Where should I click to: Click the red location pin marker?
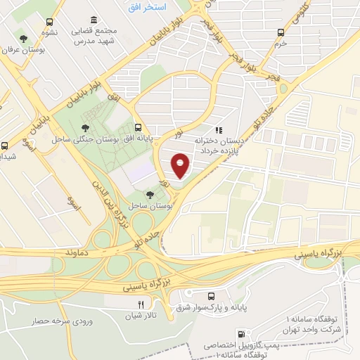(181, 166)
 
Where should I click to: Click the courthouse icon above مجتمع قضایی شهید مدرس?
(94, 20)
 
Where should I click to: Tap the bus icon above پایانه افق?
(138, 128)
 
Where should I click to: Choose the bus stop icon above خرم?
(281, 32)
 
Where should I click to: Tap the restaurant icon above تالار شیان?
(140, 304)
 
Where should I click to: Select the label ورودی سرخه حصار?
(61, 321)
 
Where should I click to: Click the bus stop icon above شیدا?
(6, 146)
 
